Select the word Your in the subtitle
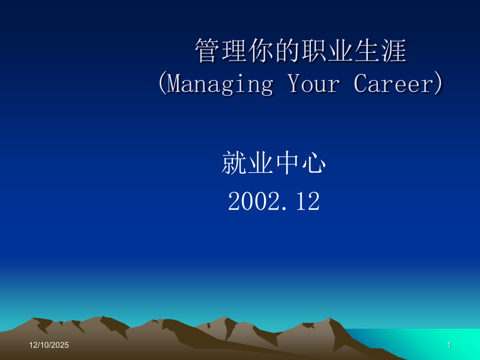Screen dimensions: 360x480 314,84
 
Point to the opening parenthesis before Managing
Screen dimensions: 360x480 162,84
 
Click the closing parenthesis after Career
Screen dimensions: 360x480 439,84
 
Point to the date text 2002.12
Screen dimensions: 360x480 273,201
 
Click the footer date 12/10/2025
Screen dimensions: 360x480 49,345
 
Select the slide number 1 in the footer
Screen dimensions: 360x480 449,345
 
